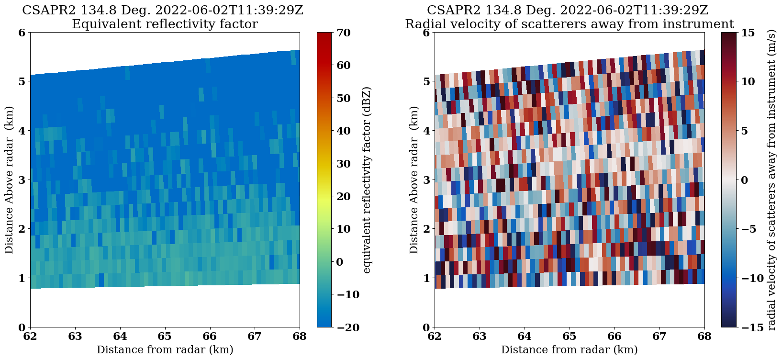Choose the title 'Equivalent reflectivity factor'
click(165, 24)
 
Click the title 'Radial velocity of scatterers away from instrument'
click(569, 24)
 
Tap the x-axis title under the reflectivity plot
click(165, 350)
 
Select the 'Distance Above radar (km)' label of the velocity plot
click(414, 180)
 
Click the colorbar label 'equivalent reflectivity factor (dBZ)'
click(367, 180)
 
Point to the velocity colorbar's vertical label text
click(771, 180)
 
